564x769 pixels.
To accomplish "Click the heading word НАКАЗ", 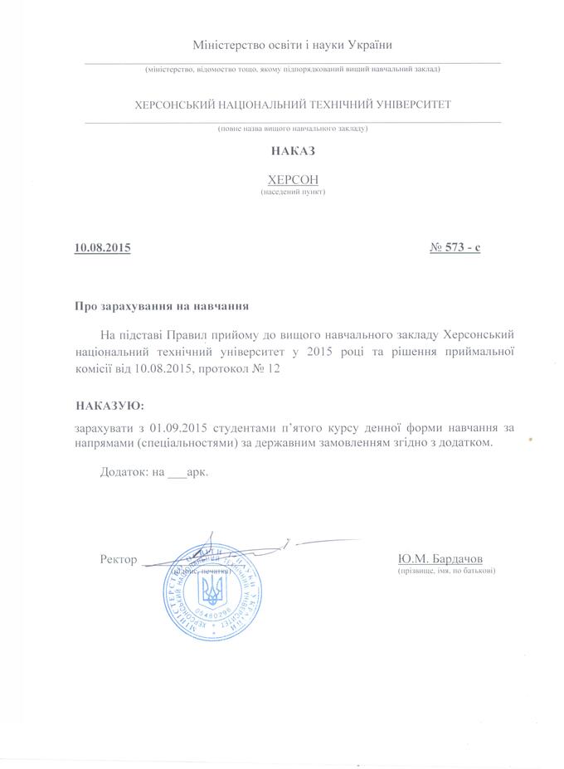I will [293, 151].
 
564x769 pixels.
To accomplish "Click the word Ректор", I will [118, 559].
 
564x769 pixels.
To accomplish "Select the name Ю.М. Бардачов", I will [440, 558].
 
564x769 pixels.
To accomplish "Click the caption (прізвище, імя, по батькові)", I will [446, 571].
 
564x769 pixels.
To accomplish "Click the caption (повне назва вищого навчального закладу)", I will [293, 129].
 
